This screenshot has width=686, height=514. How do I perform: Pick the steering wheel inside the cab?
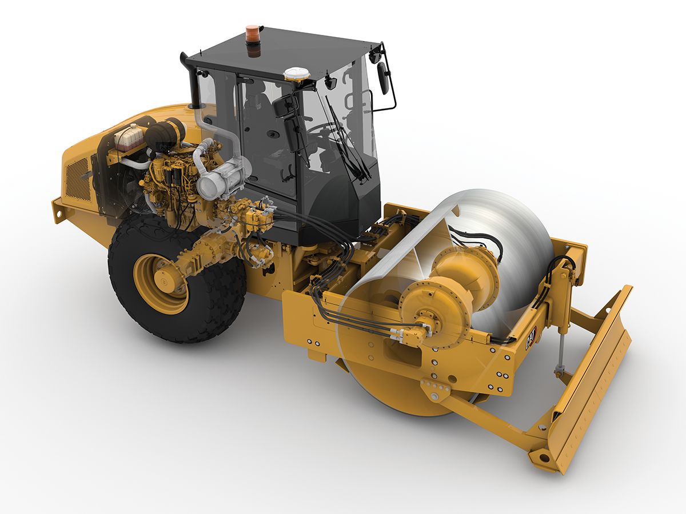pyautogui.click(x=322, y=128)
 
